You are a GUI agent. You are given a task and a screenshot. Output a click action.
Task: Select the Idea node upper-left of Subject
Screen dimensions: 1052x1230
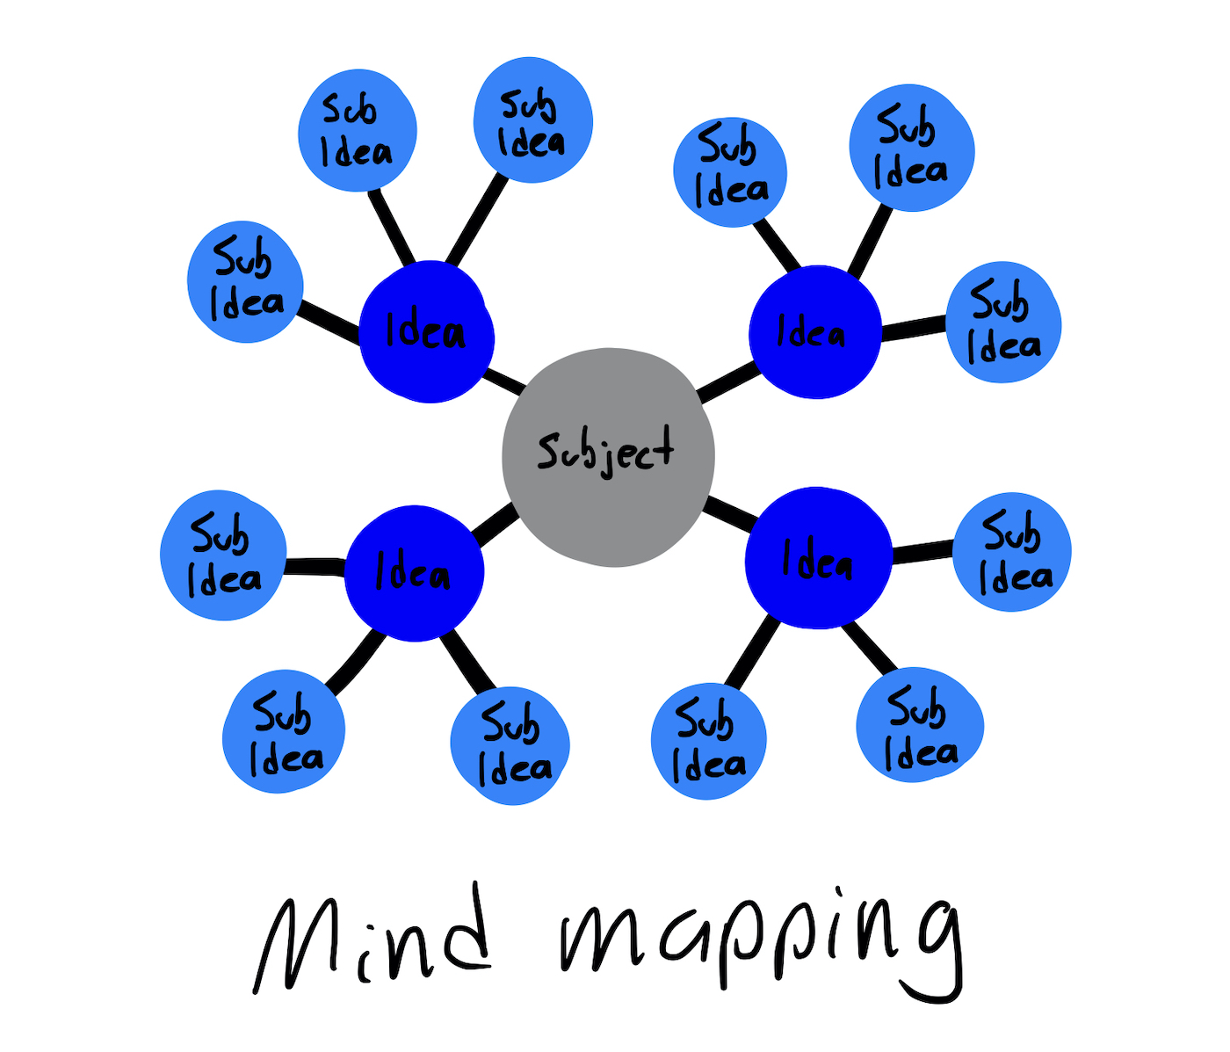[426, 331]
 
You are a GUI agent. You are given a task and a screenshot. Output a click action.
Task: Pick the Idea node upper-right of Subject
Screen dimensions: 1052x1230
[814, 332]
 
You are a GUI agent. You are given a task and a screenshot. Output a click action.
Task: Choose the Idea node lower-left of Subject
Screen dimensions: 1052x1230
[414, 572]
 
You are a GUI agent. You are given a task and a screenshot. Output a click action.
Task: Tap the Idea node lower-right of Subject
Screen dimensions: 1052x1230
[818, 558]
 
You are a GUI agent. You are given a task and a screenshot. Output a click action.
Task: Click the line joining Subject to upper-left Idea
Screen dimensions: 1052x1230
[505, 381]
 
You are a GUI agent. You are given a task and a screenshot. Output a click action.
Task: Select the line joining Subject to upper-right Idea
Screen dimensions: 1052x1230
[728, 384]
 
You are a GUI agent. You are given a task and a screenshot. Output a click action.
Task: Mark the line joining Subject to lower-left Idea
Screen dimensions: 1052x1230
[494, 524]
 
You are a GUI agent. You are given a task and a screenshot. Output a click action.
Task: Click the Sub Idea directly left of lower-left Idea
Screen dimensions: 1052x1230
[223, 555]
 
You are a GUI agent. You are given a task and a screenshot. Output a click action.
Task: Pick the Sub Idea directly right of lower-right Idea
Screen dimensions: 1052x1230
[1012, 551]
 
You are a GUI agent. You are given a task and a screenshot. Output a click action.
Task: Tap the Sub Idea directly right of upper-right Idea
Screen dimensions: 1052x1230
[1003, 322]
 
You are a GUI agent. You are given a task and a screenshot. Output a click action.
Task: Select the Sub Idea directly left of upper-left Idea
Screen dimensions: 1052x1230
[245, 281]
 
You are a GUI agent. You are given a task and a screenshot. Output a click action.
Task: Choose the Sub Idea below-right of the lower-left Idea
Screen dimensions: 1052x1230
[510, 745]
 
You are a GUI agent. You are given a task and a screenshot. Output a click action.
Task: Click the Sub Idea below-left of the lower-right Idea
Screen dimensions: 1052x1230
[708, 741]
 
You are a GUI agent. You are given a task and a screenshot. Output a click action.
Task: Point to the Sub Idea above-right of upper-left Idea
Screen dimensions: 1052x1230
[532, 120]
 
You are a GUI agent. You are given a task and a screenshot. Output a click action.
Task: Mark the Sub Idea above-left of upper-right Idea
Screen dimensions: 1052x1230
[730, 171]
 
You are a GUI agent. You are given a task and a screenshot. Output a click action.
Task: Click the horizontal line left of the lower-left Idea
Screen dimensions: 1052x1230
[315, 567]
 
